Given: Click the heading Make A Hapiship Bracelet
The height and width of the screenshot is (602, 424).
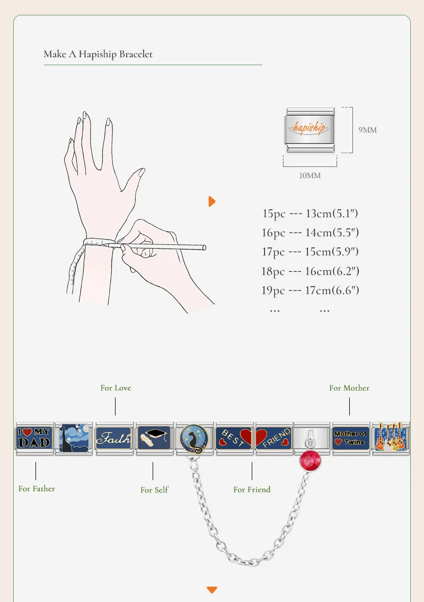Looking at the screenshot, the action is [98, 54].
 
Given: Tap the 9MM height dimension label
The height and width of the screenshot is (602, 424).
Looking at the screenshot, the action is [367, 130].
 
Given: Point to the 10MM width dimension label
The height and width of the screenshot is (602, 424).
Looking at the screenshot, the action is [310, 175].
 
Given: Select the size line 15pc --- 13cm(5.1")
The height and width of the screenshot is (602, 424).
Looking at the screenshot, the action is [311, 213].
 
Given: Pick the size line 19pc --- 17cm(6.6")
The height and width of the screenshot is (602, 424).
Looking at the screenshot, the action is [311, 290].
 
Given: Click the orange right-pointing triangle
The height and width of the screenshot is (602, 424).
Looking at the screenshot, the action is [212, 201].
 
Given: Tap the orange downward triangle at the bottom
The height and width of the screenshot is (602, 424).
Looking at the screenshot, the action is [212, 589].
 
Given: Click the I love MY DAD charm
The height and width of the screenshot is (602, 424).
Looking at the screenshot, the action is [34, 438].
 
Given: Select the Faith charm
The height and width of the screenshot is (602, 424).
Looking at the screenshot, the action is [114, 438].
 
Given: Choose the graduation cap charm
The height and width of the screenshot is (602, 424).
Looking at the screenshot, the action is [154, 438].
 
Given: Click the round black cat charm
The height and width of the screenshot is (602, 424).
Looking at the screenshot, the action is [194, 438].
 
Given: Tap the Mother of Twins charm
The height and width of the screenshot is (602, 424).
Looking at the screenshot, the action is [351, 438].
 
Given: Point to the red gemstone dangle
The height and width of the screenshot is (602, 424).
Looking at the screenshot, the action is [311, 461].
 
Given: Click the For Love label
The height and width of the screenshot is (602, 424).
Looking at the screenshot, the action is [116, 388].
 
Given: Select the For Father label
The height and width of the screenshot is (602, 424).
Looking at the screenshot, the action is [37, 489].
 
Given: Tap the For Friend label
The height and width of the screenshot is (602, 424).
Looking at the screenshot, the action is [252, 490].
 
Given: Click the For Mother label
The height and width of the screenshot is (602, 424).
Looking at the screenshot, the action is [349, 388].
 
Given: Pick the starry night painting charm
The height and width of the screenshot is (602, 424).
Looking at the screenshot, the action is [74, 438].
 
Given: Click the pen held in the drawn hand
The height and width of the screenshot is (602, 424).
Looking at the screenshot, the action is [157, 246].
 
